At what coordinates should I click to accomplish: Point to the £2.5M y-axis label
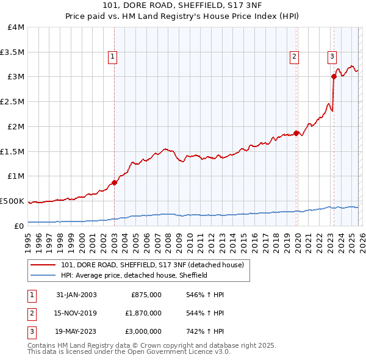12,102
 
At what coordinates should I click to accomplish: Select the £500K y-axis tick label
12,201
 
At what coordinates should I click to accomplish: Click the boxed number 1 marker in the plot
113,57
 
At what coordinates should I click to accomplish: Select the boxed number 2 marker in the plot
294,57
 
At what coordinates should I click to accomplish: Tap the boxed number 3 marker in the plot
332,57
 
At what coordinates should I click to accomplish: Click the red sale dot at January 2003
114,182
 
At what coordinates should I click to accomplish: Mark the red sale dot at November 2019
296,133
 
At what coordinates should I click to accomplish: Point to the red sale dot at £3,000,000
334,76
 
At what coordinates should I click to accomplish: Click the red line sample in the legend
43,265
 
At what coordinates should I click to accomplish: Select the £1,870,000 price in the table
146,313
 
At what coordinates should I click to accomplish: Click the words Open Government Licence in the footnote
175,352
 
